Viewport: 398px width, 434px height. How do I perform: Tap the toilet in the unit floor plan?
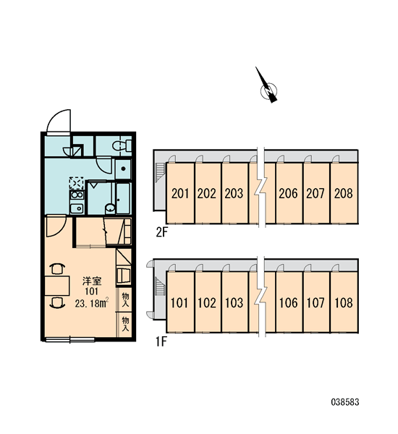point(122,145)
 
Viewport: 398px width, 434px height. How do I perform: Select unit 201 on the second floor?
point(180,193)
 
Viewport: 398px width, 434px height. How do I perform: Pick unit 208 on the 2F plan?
point(344,193)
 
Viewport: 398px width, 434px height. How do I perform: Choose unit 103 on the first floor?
point(234,302)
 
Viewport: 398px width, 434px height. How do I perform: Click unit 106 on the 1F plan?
point(289,302)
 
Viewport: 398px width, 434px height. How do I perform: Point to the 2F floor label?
point(162,232)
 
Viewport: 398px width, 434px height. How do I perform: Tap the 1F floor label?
point(161,342)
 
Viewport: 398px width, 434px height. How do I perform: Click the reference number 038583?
point(345,402)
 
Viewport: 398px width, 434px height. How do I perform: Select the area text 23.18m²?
point(92,303)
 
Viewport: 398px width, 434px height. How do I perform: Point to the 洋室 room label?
point(92,281)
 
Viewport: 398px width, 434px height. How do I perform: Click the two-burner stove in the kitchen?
point(77,195)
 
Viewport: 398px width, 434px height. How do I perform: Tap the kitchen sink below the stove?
point(77,208)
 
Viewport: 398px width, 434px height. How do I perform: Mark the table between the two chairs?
point(57,286)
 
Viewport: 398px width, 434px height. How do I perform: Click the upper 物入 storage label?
point(126,299)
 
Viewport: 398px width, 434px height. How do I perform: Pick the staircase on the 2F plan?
point(160,171)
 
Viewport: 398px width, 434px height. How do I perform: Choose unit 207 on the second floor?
point(316,193)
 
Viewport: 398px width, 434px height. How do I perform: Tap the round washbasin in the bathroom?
point(110,208)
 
